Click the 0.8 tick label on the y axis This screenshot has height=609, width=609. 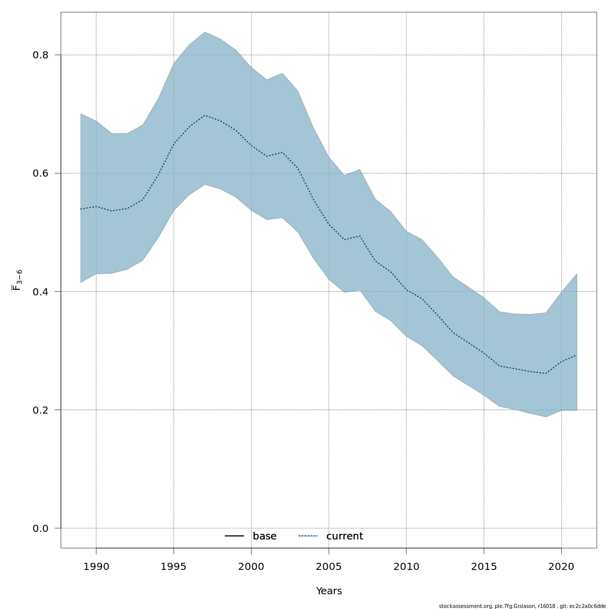40,55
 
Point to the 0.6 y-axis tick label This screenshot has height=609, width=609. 40,173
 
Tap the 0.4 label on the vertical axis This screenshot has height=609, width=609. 40,292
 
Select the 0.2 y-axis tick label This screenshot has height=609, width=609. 40,410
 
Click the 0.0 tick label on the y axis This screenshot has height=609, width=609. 40,528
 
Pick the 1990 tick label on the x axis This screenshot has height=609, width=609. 96,566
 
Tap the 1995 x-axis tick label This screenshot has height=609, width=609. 174,566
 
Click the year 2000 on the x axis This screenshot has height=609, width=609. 251,566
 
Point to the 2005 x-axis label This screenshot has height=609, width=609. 329,566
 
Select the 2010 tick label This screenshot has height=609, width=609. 406,566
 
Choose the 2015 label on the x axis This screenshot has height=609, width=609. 484,566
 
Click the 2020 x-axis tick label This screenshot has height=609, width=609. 561,566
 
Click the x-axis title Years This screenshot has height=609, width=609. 329,591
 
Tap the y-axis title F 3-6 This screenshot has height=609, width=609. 17,280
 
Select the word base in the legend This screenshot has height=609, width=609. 264,536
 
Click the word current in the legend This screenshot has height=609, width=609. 345,536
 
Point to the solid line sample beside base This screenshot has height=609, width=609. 235,536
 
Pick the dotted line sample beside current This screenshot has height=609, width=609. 308,536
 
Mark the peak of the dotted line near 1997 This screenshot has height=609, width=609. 205,115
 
